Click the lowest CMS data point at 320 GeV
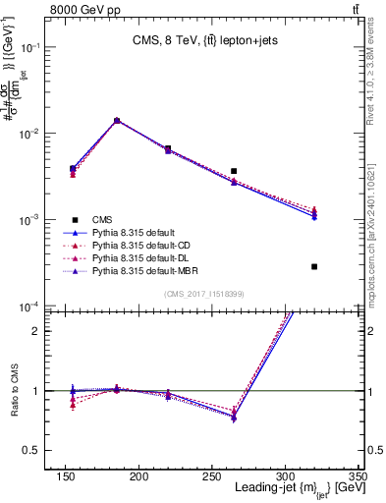click(314, 266)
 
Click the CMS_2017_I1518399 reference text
click(204, 294)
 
